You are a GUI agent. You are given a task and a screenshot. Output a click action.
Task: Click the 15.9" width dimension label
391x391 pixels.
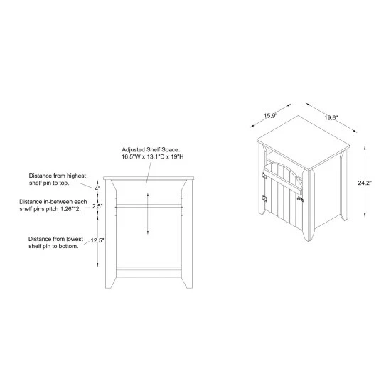coord(271,116)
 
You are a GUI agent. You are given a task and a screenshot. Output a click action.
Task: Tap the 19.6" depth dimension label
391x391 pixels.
coord(331,118)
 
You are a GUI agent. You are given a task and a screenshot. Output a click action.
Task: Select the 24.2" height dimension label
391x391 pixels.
coord(365,183)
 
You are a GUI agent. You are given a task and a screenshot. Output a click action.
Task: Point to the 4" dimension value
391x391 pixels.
coord(97,188)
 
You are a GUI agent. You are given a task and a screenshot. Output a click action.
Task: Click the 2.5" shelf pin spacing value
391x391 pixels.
coord(97,206)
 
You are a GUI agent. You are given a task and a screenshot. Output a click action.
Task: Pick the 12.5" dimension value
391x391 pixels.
coord(97,240)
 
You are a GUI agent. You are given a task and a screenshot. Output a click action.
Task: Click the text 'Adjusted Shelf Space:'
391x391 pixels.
coord(151,149)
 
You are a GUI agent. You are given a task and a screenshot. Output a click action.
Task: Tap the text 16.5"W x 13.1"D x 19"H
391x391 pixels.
coord(153,157)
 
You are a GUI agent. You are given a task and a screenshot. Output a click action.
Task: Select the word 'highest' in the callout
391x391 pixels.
coord(76,176)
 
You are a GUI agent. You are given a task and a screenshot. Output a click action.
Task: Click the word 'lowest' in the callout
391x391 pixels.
coord(75,239)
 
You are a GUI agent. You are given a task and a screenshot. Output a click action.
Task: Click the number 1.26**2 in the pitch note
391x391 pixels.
coord(70,209)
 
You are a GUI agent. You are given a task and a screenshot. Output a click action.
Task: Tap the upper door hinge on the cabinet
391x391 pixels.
coord(264,176)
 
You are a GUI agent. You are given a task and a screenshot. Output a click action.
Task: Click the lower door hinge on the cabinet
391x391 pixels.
coord(264,199)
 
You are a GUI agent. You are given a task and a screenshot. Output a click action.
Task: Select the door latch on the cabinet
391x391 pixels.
coord(300,199)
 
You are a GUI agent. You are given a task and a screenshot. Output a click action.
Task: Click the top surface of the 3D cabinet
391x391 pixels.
coord(304,143)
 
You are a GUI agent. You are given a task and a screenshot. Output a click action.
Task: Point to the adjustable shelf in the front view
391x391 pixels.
coord(149,206)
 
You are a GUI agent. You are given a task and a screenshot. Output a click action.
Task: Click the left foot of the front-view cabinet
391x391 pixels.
coord(110,282)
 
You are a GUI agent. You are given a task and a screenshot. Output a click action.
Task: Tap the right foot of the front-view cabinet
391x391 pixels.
coord(187,282)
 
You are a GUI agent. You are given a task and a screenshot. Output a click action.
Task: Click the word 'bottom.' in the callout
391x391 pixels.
coord(69,246)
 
